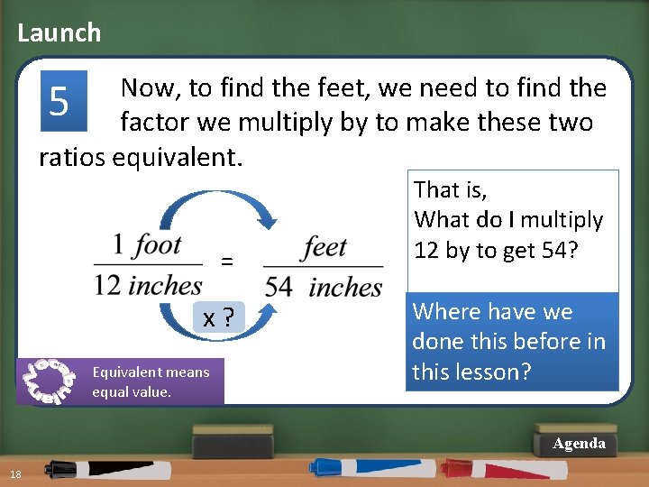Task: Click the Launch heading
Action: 59,33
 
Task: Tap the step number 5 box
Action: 60,101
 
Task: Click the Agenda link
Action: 579,444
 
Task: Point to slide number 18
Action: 16,475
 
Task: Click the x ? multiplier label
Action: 219,317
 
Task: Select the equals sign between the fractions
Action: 227,262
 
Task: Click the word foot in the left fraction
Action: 158,244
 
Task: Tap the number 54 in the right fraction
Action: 279,287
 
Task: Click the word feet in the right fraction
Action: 325,245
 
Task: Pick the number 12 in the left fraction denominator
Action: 107,286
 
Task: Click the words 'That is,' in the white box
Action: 450,189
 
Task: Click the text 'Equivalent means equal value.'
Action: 150,381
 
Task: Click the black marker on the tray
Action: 99,468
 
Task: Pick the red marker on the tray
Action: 491,468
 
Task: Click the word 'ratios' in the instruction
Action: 71,156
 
